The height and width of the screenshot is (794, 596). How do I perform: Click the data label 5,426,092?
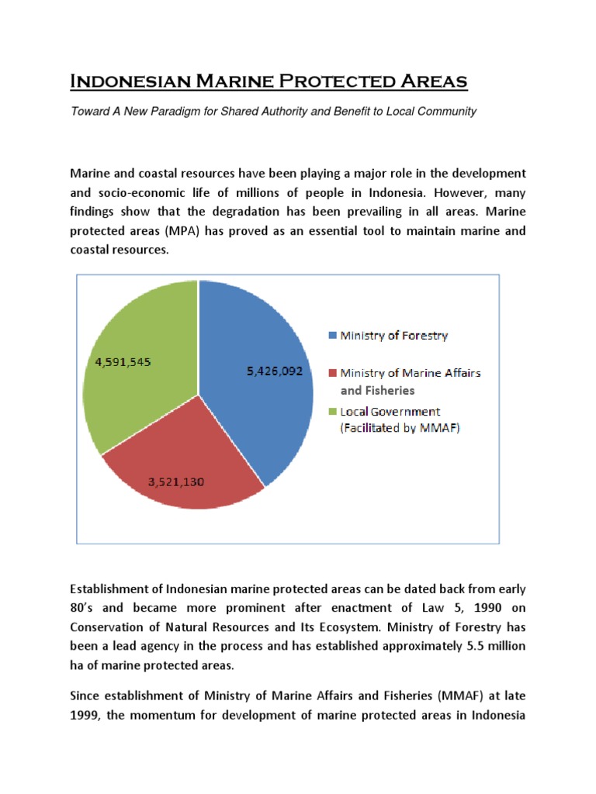click(275, 371)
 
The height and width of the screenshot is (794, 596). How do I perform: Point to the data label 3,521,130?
click(176, 482)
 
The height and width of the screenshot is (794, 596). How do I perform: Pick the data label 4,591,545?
click(128, 361)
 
